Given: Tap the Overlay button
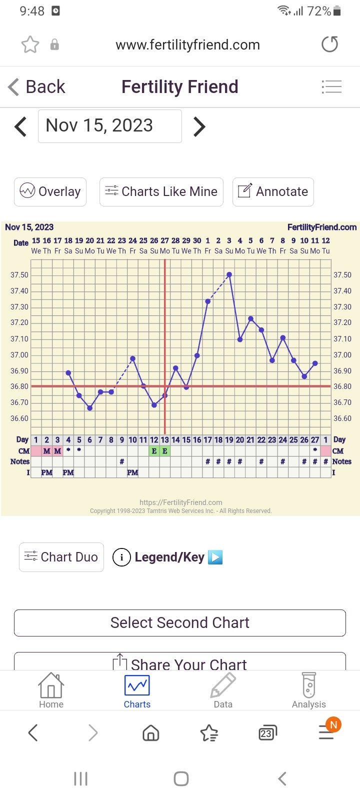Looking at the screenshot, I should pyautogui.click(x=50, y=191).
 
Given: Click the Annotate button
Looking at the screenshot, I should pyautogui.click(x=273, y=191).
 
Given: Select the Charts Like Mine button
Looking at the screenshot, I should pyautogui.click(x=161, y=191).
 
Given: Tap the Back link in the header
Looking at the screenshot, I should pyautogui.click(x=37, y=87).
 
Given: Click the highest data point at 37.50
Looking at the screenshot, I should pyautogui.click(x=229, y=274).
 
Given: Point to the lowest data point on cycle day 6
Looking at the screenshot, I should pyautogui.click(x=90, y=408).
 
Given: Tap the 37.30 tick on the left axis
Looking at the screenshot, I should pyautogui.click(x=19, y=307).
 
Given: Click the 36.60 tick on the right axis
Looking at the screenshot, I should pyautogui.click(x=342, y=418).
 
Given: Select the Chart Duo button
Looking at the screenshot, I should pyautogui.click(x=61, y=557).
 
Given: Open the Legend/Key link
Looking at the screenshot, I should pyautogui.click(x=169, y=557).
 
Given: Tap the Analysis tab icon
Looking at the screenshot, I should pyautogui.click(x=309, y=685).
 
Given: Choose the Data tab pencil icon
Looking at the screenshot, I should pyautogui.click(x=223, y=685).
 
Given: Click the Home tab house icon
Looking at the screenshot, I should pyautogui.click(x=51, y=685).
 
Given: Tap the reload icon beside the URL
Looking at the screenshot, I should pyautogui.click(x=329, y=44).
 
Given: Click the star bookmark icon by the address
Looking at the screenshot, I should pyautogui.click(x=30, y=44).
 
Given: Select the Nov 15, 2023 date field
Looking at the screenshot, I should pyautogui.click(x=110, y=126).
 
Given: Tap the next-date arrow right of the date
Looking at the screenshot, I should pyautogui.click(x=199, y=126).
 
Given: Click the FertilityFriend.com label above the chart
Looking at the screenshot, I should pyautogui.click(x=322, y=227).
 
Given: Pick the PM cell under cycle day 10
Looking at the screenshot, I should pyautogui.click(x=132, y=472).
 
